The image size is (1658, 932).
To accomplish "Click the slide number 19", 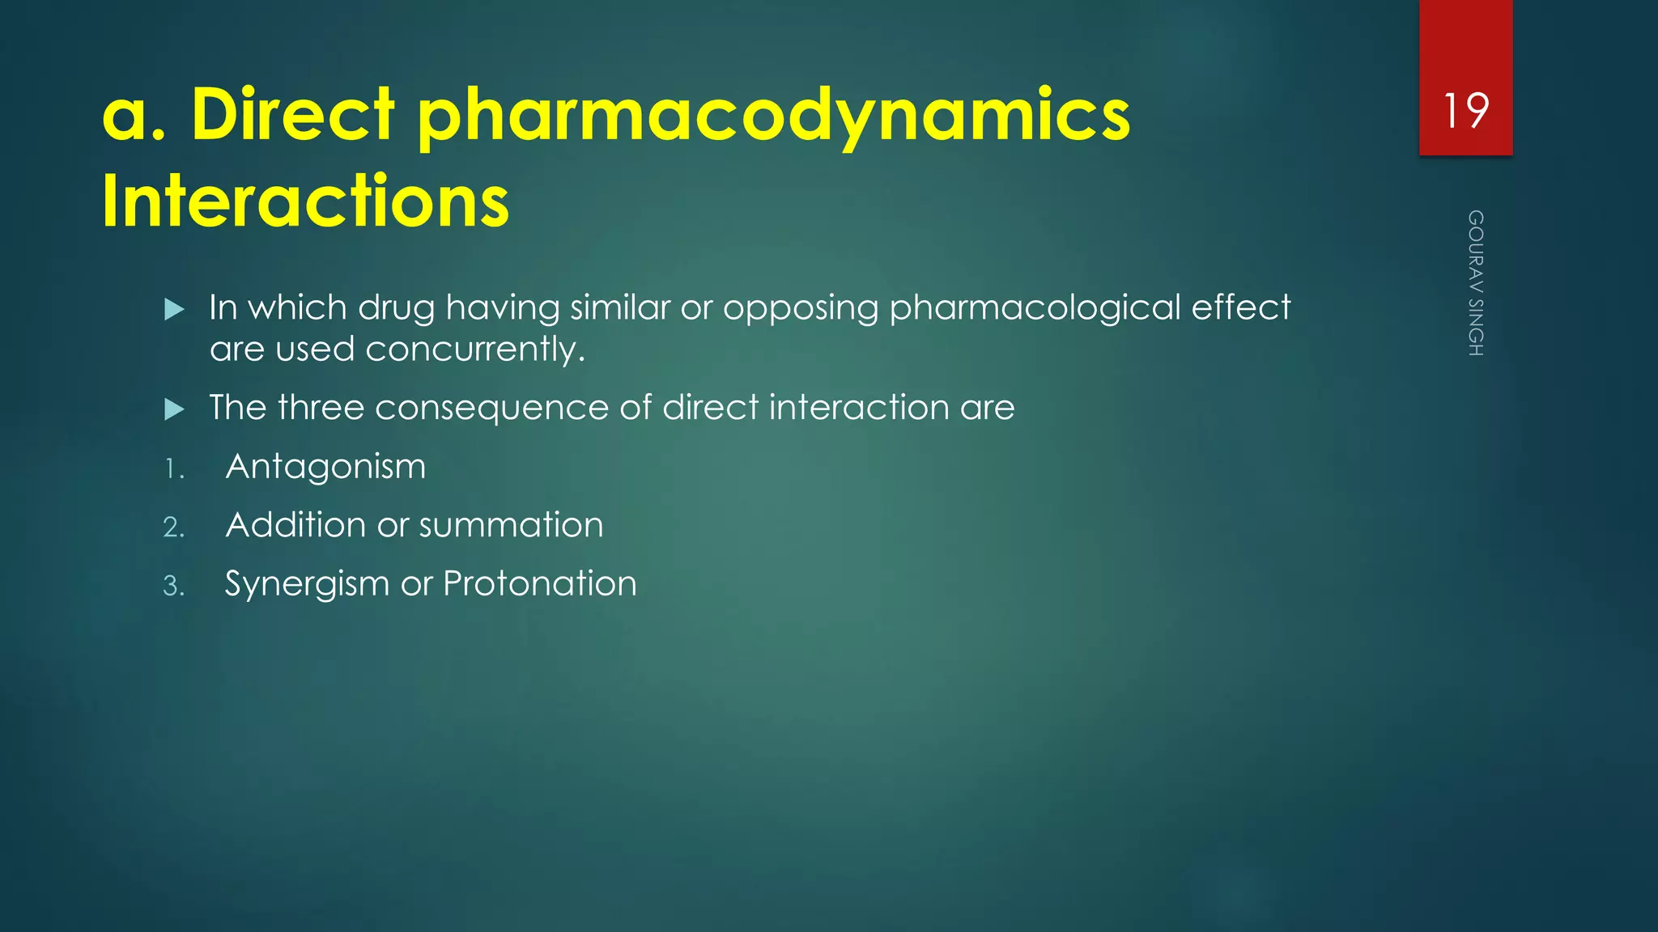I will tap(1465, 111).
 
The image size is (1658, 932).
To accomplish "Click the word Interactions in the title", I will tap(305, 201).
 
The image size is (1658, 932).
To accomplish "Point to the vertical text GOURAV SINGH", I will tap(1476, 283).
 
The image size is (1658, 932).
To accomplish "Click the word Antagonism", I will tap(325, 467).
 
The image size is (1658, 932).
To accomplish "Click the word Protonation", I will tap(540, 583).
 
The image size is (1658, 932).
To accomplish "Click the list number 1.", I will tap(174, 469).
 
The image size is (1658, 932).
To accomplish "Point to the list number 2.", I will tap(174, 527).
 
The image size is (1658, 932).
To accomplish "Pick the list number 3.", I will tap(174, 586).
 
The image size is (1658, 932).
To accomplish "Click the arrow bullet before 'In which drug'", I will tap(174, 309).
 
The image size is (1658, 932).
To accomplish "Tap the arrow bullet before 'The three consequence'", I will tap(174, 409).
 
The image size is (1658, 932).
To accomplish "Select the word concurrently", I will tap(474, 350).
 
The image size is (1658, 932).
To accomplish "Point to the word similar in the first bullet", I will tap(620, 307).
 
